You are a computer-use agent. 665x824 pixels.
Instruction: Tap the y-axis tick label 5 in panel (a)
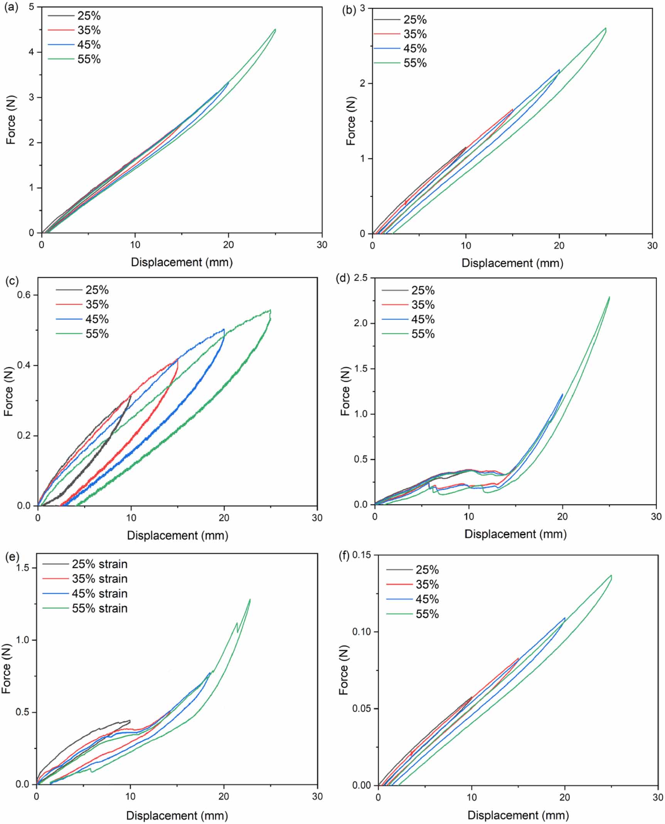pyautogui.click(x=32, y=7)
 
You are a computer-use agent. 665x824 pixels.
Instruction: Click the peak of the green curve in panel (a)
pyautogui.click(x=275, y=29)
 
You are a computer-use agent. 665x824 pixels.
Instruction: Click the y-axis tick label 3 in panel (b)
pyautogui.click(x=362, y=8)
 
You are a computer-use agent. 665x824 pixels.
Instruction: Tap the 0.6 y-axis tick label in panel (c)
pyautogui.click(x=24, y=295)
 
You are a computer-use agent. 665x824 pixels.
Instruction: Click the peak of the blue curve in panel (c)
pyautogui.click(x=224, y=329)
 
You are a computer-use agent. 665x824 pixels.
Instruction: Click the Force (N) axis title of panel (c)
pyautogui.click(x=8, y=391)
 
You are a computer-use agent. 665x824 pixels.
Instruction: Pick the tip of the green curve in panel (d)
pyautogui.click(x=609, y=297)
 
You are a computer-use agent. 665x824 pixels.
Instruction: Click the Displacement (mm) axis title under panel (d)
pyautogui.click(x=515, y=534)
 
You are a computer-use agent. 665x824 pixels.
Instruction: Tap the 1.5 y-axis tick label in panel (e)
pyautogui.click(x=24, y=568)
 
